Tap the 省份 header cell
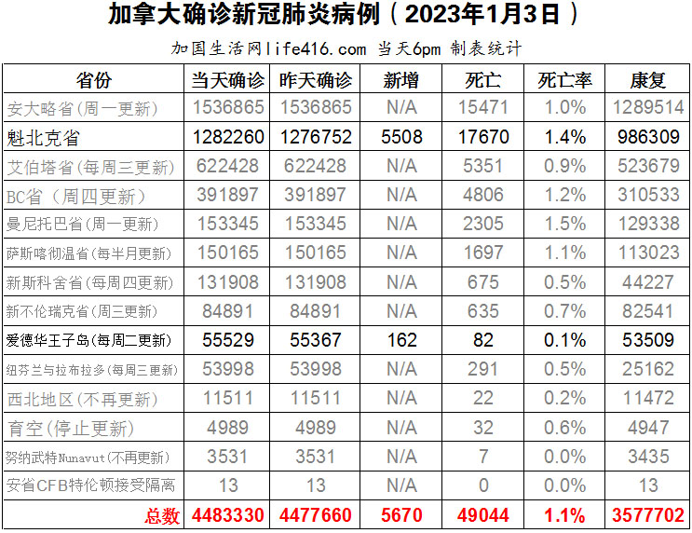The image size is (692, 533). [x=93, y=78]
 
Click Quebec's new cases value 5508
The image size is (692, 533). [x=401, y=137]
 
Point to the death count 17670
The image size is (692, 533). [x=484, y=137]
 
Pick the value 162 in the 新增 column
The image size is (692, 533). [x=401, y=340]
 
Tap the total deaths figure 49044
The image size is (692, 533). [x=484, y=514]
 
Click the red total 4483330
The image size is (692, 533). [x=228, y=514]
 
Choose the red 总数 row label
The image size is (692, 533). [x=161, y=514]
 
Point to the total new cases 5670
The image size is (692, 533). [x=401, y=514]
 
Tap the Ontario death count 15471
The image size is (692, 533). [x=484, y=107]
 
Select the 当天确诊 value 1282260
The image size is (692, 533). [x=228, y=137]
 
